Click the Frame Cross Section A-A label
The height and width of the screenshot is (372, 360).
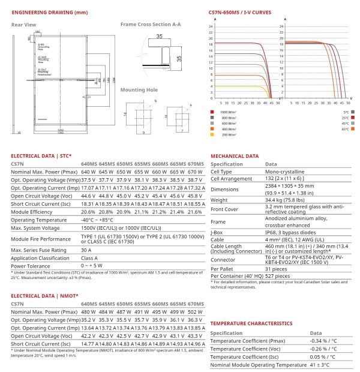click(151, 25)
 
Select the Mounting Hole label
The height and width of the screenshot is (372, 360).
click(139, 90)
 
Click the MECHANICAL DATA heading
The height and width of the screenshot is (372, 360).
click(235, 155)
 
